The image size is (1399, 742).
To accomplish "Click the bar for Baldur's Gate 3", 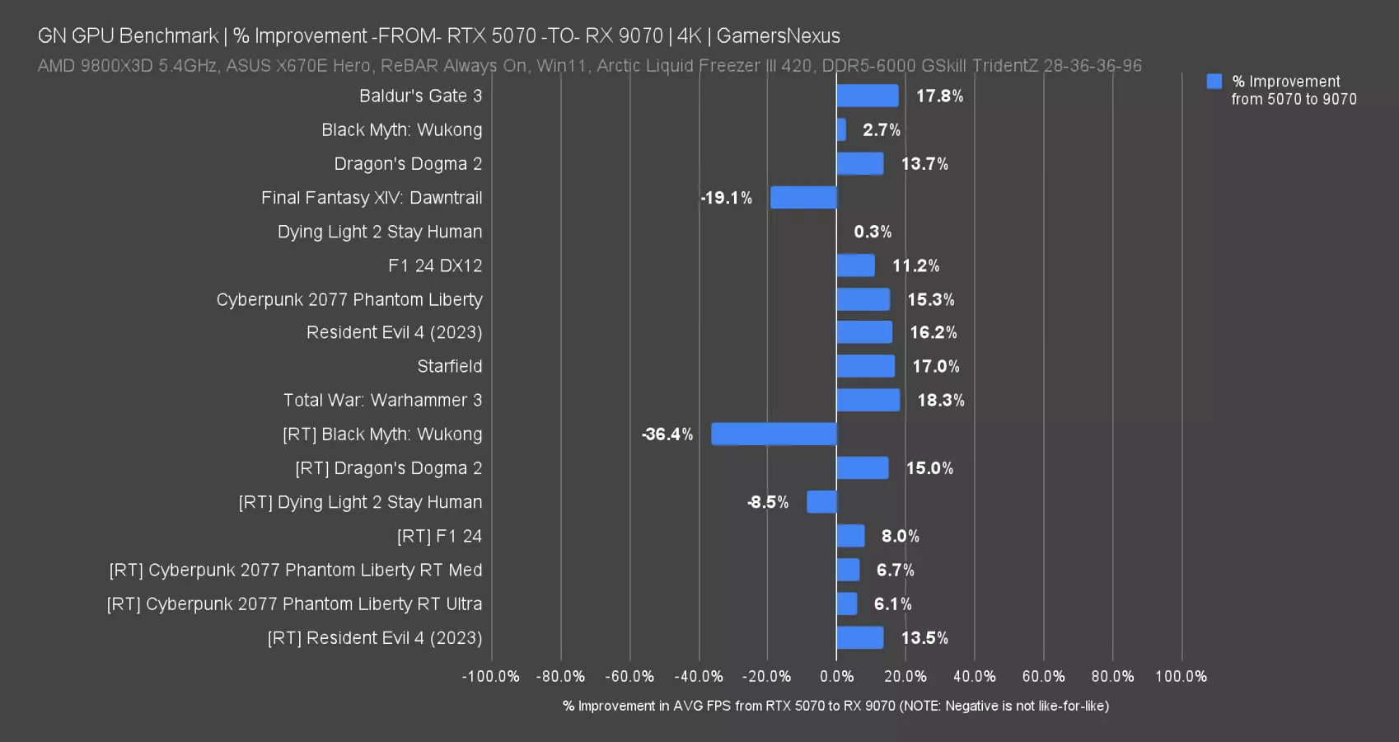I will [867, 96].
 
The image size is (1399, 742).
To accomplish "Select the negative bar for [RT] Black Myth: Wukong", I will [774, 434].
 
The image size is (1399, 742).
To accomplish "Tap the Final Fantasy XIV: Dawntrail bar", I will [803, 198].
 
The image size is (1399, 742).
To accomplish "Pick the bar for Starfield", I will [865, 366].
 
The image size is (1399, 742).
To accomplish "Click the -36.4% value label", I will [667, 434].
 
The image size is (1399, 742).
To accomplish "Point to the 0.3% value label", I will [873, 232].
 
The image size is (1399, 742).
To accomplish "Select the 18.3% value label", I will [940, 400].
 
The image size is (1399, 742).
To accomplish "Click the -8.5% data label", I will [768, 502].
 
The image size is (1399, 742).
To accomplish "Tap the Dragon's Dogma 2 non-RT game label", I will [408, 164].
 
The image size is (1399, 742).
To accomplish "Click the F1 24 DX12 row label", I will [435, 265].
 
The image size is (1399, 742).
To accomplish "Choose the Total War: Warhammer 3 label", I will [382, 400].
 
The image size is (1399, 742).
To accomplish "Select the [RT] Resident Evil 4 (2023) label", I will [375, 638].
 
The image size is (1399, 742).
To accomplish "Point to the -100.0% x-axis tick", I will [491, 676].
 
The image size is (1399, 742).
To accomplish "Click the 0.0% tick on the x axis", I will [836, 676].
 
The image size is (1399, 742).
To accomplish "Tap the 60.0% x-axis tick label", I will [1043, 676].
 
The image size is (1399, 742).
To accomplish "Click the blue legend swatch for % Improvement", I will [1214, 81].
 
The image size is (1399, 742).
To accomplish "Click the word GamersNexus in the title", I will [778, 35].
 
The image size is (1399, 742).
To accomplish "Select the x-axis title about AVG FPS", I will [835, 706].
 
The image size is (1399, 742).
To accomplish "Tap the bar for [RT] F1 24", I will [850, 536].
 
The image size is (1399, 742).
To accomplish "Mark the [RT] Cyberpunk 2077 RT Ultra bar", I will [847, 603].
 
